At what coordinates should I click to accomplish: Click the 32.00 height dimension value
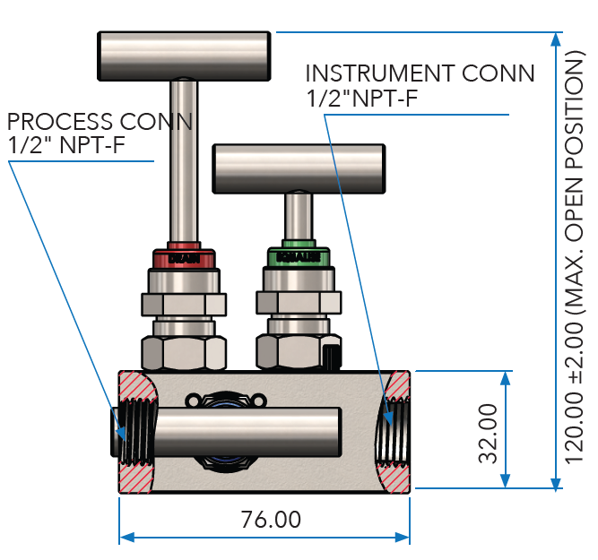488,433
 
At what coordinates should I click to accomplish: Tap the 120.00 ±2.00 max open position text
574,259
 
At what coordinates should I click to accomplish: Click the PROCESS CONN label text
99,121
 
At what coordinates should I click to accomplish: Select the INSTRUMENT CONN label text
420,73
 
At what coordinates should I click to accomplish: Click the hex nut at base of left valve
185,352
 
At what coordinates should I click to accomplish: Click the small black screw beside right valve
333,358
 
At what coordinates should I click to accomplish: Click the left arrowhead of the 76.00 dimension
126,538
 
